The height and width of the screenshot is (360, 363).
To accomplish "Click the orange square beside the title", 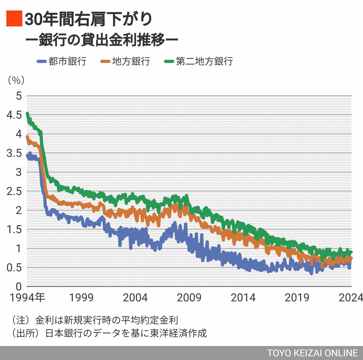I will (x=14, y=18).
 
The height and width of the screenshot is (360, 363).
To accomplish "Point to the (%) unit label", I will (x=16, y=80).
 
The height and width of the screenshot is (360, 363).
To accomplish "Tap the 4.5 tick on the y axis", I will (x=14, y=115).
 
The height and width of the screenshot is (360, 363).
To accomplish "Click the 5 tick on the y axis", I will (x=19, y=96).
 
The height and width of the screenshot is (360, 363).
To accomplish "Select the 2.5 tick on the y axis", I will (x=14, y=191).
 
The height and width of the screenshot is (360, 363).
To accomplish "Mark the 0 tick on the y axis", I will (x=19, y=286).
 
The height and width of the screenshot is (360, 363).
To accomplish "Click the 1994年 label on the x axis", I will (x=27, y=297).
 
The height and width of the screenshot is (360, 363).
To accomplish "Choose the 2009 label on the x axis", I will (x=189, y=297).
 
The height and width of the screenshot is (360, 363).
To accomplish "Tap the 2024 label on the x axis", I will (x=351, y=297).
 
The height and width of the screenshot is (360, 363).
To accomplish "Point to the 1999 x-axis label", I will (x=81, y=297).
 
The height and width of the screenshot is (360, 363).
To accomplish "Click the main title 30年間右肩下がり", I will (x=89, y=19).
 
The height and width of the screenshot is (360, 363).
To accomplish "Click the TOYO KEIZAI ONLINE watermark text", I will (x=312, y=353).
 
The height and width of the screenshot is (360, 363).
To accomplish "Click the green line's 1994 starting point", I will (x=27, y=114).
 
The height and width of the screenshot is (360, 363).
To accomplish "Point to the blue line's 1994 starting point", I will (x=27, y=155).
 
